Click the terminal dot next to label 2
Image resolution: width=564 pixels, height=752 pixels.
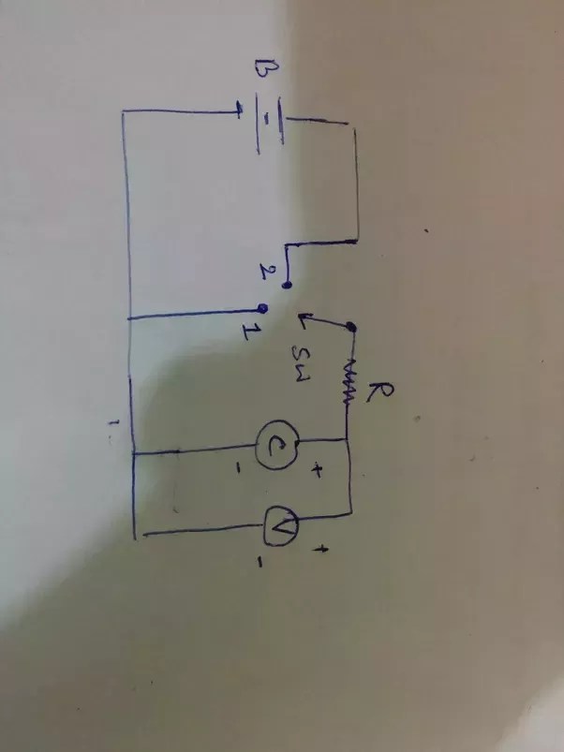tap(288, 282)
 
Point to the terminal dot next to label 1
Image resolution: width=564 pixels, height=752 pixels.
tap(264, 308)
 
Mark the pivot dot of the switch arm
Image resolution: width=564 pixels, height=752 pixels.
tap(350, 328)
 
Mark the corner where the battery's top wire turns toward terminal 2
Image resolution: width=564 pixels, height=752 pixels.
tap(357, 241)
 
